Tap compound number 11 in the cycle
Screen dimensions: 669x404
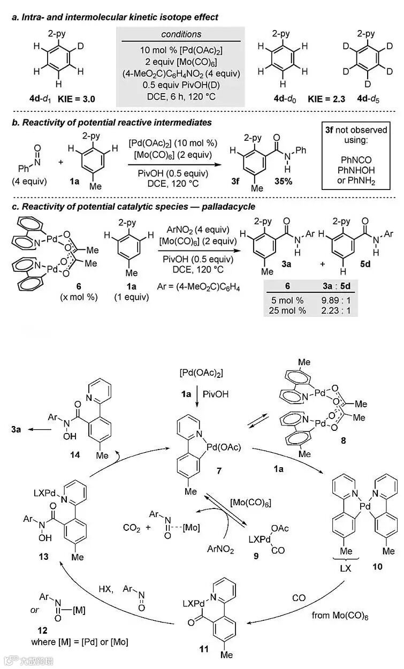coord(204,649)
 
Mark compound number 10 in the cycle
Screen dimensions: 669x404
coord(377,566)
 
